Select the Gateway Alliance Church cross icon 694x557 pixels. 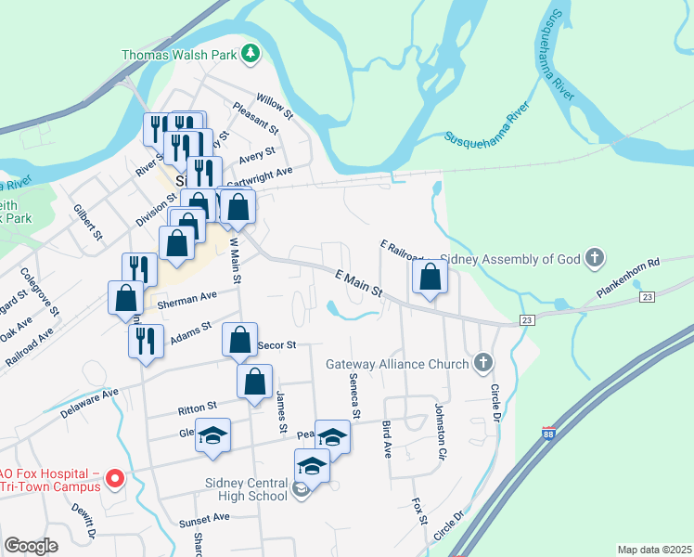(x=482, y=364)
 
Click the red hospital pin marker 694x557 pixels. (x=115, y=478)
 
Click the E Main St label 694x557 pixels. (x=358, y=281)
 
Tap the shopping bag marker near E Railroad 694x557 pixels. (x=431, y=277)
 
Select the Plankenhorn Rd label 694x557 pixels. (x=627, y=276)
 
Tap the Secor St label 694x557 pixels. (x=276, y=344)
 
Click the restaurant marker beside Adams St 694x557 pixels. (x=147, y=341)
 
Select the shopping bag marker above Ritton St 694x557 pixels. (x=254, y=381)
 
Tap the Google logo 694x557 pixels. (x=32, y=546)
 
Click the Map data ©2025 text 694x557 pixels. (x=653, y=550)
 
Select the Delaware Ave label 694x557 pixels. (x=90, y=403)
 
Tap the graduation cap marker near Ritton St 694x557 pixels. (x=212, y=436)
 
